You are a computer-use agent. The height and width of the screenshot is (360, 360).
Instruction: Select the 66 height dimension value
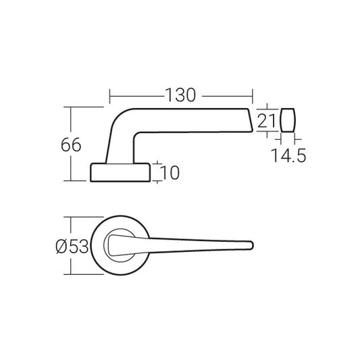coord(71,144)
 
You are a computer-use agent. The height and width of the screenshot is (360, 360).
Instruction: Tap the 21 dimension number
coord(267,121)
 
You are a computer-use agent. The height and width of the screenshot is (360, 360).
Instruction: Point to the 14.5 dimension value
coord(289,156)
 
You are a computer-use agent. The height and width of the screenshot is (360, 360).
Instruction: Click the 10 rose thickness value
coord(171,173)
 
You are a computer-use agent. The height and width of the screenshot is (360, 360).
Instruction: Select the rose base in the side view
coord(120,172)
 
